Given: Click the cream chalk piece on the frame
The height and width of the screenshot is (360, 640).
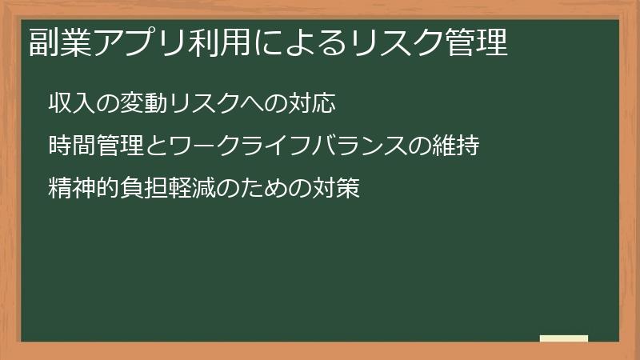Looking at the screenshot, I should (564, 338).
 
